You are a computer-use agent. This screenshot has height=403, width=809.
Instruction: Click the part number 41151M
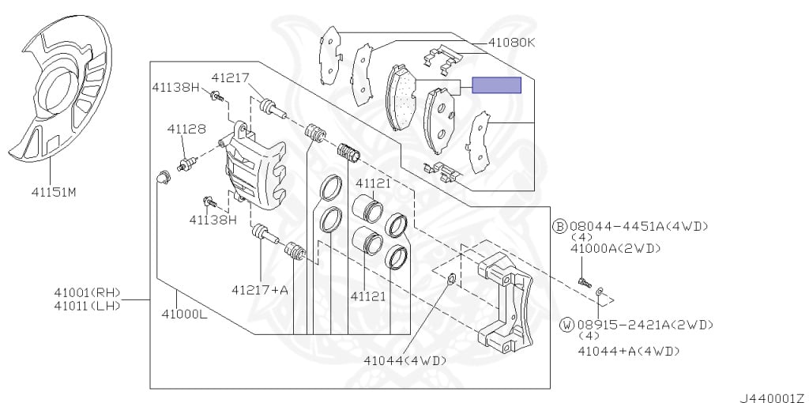(x=54, y=193)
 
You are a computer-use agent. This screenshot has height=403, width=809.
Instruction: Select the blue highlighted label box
(x=496, y=85)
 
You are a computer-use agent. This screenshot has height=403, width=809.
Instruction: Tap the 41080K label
(x=511, y=43)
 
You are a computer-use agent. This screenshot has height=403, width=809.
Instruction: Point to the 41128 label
(x=186, y=129)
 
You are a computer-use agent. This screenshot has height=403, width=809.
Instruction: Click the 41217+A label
(x=259, y=290)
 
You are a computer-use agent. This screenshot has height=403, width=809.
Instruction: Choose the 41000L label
(x=183, y=313)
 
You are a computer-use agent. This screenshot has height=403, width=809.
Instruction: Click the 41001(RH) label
(x=87, y=292)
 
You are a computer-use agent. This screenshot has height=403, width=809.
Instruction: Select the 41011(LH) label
(x=87, y=306)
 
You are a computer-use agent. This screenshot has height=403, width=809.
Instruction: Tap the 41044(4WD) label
(x=404, y=360)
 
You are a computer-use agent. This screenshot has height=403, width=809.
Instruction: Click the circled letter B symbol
(x=560, y=226)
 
